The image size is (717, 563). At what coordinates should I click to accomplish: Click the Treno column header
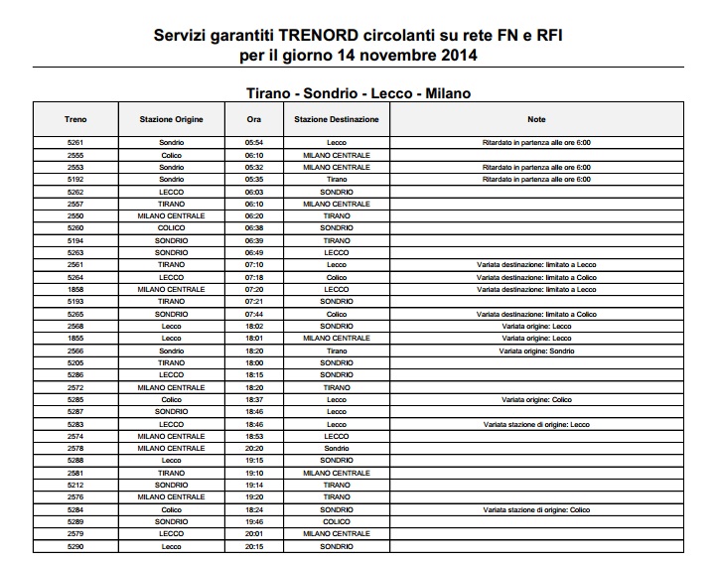coord(75,119)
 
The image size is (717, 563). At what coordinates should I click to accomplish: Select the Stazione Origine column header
coord(172,119)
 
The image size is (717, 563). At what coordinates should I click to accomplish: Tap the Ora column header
coord(253,119)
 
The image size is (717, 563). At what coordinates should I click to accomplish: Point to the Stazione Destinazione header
coord(336,119)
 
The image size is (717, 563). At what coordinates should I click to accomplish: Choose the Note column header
coord(536,119)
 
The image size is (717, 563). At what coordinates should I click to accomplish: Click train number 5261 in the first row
coord(75,143)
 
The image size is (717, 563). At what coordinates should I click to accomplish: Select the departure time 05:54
coord(253,143)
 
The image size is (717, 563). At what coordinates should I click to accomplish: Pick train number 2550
coord(75,215)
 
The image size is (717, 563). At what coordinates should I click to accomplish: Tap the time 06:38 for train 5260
coord(253,227)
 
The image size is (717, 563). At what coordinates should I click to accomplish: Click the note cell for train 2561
coord(536,265)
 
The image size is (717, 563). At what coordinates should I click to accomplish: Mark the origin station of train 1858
coord(172,289)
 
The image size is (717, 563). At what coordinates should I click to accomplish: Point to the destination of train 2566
coord(336,351)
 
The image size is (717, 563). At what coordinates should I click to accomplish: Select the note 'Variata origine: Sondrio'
coord(536,351)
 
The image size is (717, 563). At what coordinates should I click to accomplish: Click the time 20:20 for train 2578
coord(253,448)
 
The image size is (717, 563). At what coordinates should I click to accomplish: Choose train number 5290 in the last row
coord(75,546)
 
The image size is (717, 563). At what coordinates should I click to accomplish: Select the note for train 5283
coord(536,424)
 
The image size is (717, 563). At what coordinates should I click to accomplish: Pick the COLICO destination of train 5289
coord(336,521)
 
